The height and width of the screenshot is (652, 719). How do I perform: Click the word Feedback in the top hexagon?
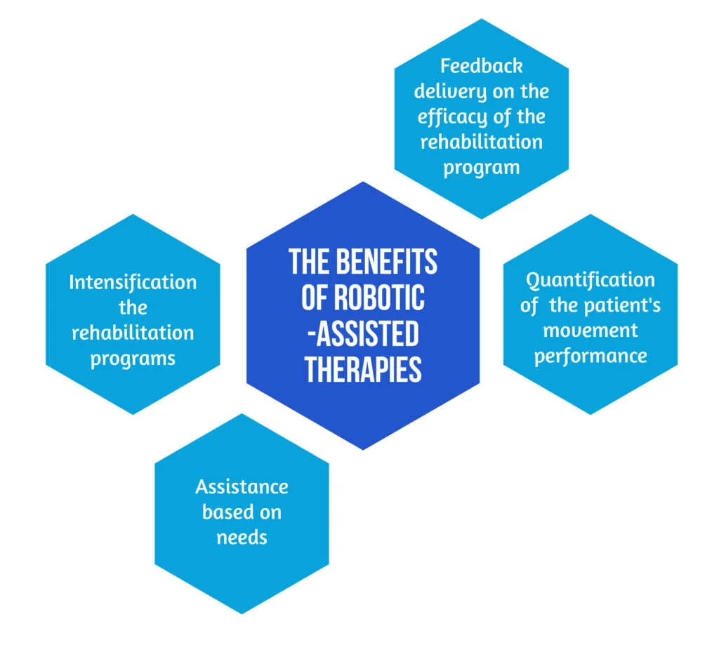[481, 66]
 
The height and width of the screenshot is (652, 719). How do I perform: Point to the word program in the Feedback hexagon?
[481, 167]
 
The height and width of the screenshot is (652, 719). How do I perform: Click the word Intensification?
[133, 282]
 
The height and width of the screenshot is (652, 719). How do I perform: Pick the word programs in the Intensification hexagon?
[133, 358]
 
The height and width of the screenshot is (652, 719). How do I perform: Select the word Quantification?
[590, 280]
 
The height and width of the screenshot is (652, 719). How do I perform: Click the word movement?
[590, 330]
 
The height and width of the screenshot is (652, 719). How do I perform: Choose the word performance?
[590, 355]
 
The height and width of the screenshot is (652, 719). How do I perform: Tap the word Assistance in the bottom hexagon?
[242, 486]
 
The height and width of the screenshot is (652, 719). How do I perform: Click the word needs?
[242, 537]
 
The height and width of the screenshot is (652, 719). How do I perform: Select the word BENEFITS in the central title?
[387, 262]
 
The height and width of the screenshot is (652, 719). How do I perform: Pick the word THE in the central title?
[310, 262]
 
